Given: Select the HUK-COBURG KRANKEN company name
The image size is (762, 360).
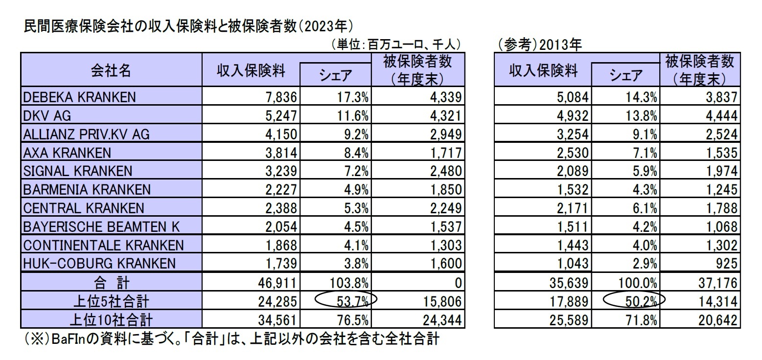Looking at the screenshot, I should pyautogui.click(x=99, y=264).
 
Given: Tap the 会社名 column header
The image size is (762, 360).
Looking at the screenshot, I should pyautogui.click(x=111, y=71).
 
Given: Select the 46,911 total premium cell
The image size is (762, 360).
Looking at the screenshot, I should pyautogui.click(x=279, y=283).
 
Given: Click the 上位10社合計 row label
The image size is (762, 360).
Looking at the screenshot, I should pyautogui.click(x=111, y=320).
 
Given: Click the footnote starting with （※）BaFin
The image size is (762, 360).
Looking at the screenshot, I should pyautogui.click(x=230, y=339).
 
